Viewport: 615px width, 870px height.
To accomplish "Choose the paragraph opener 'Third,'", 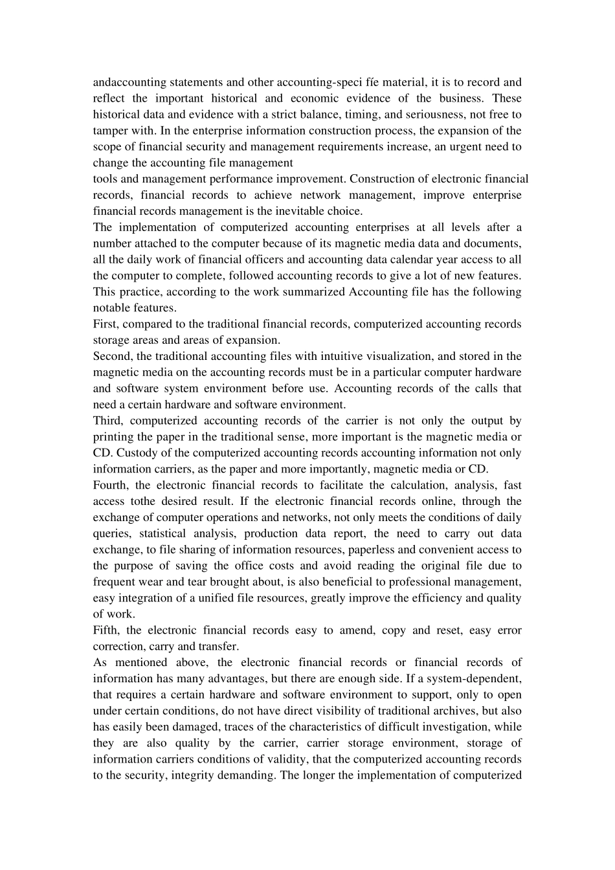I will click(x=108, y=421).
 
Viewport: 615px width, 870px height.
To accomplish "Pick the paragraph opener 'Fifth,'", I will click(x=108, y=630).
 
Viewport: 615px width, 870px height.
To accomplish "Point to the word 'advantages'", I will click(x=216, y=678).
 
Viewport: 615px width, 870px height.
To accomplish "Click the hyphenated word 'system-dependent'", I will click(x=475, y=678).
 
